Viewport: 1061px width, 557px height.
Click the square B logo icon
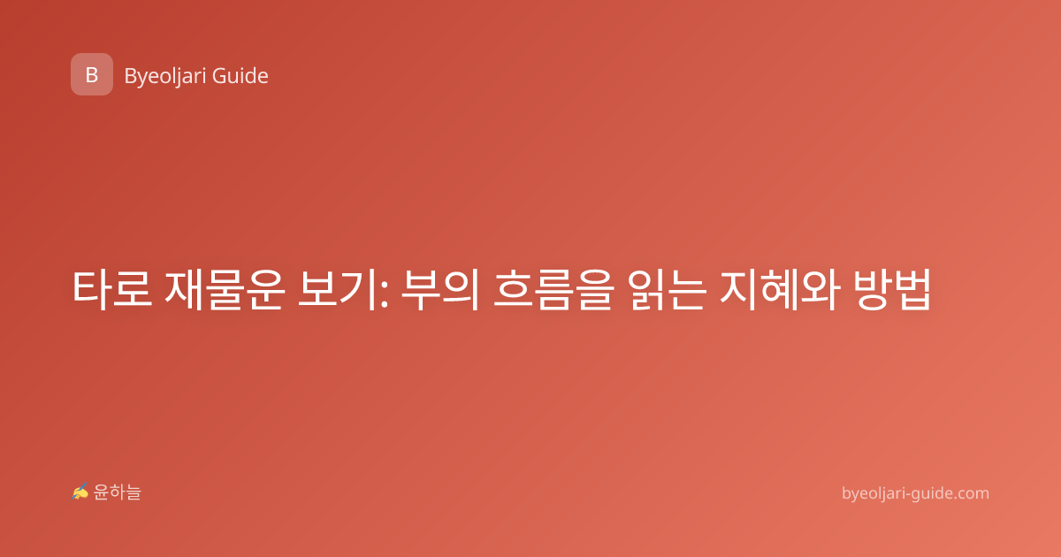coord(92,74)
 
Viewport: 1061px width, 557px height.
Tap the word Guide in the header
coord(240,76)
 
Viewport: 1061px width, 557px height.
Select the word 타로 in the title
coord(112,290)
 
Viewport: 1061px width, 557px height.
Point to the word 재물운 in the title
coord(225,290)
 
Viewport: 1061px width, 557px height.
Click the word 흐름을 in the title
coord(553,290)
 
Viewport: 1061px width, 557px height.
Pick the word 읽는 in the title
coord(667,290)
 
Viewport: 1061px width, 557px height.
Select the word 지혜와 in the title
coord(780,290)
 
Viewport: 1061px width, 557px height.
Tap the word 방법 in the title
coord(893,290)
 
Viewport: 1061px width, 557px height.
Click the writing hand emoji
coord(80,492)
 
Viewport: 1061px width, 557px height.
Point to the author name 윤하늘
coord(117,492)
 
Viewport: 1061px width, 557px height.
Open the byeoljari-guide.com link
coord(915,493)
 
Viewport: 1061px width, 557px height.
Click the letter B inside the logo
coord(92,75)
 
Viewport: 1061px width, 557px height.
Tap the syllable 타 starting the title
coord(92,290)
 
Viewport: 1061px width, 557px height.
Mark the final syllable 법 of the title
coord(912,290)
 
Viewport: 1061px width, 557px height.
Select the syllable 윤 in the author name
coord(101,492)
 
